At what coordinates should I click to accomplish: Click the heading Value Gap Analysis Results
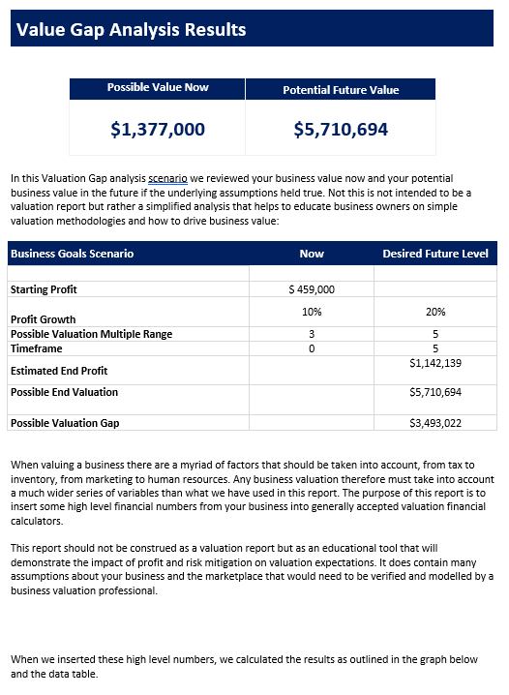click(131, 30)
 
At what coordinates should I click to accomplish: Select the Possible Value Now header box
click(158, 88)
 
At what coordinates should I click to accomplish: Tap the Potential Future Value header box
click(341, 90)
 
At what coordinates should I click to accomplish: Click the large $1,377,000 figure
click(158, 129)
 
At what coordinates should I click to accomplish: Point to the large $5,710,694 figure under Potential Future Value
click(341, 129)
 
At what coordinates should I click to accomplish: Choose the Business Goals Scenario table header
click(72, 254)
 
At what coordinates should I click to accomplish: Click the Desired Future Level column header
click(435, 254)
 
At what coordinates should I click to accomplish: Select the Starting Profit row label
click(44, 289)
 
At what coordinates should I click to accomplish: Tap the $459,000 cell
click(312, 289)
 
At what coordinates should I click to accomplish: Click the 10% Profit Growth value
click(312, 312)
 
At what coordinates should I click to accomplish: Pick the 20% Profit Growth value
click(435, 312)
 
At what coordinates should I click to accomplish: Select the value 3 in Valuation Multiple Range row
click(312, 334)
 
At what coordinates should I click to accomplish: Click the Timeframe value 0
click(312, 347)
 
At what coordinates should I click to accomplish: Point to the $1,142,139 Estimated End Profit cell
click(435, 363)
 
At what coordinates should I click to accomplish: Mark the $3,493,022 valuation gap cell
click(435, 423)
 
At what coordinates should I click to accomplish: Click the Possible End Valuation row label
click(64, 392)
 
